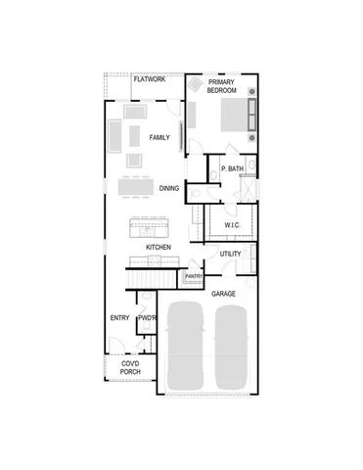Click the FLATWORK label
[149, 78]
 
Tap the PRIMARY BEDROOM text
[221, 85]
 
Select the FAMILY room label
[159, 138]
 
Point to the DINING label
[168, 188]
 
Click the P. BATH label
[232, 169]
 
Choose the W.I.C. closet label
[232, 225]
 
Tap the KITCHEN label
[159, 248]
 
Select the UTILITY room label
[230, 254]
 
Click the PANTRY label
[194, 277]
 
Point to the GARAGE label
[224, 293]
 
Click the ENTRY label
[119, 317]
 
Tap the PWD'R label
[148, 317]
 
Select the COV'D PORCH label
[129, 368]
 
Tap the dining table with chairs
[136, 186]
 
